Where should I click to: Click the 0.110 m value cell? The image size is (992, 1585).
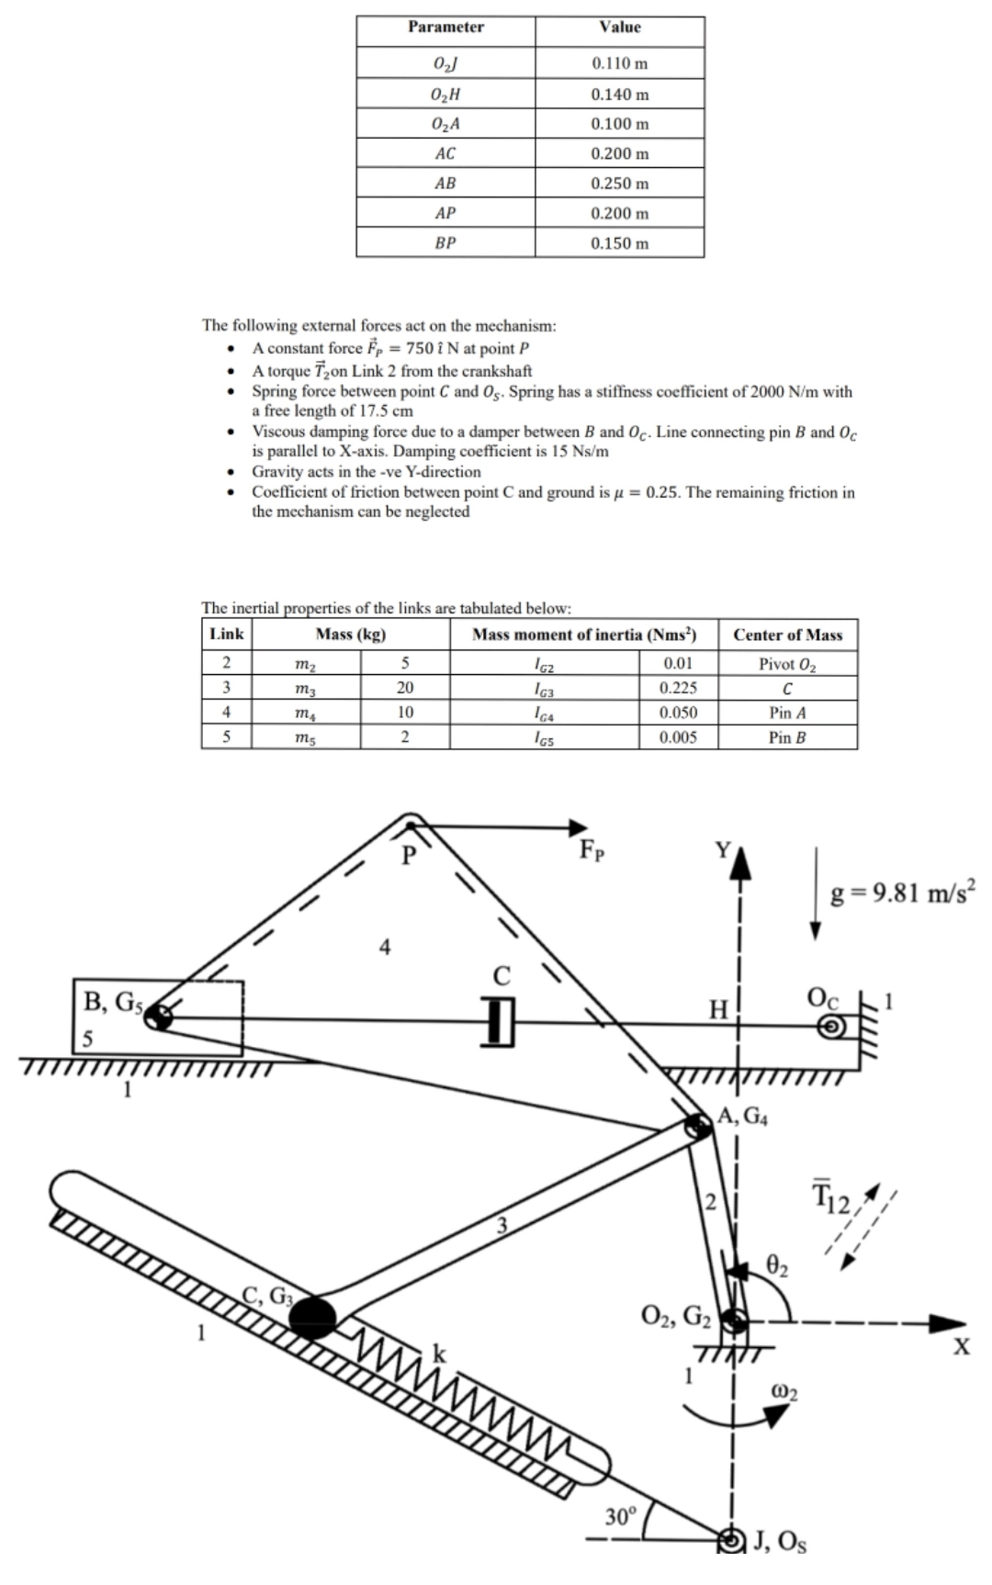pyautogui.click(x=619, y=63)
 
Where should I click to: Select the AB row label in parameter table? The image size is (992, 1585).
pyautogui.click(x=445, y=184)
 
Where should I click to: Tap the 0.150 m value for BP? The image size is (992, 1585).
pyautogui.click(x=619, y=243)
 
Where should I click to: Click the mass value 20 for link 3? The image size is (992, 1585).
pyautogui.click(x=405, y=688)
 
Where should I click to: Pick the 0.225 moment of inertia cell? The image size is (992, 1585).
pyautogui.click(x=678, y=688)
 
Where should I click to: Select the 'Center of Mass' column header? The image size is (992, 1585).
pyautogui.click(x=787, y=635)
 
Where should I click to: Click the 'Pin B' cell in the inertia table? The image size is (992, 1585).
pyautogui.click(x=787, y=736)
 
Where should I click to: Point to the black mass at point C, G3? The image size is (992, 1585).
pyautogui.click(x=313, y=1317)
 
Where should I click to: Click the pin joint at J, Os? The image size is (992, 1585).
pyautogui.click(x=733, y=1541)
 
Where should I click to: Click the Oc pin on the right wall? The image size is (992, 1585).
pyautogui.click(x=831, y=1027)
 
